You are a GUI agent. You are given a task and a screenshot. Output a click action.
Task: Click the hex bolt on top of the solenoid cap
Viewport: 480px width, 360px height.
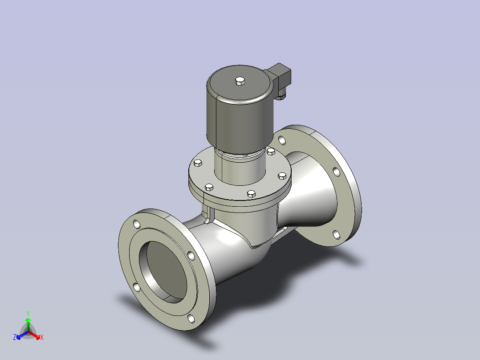(x=240, y=81)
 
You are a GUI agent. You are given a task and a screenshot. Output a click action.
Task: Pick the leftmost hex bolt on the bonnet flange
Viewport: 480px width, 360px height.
(x=198, y=163)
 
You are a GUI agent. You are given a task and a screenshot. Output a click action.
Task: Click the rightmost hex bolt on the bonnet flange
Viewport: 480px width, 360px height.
(x=282, y=176)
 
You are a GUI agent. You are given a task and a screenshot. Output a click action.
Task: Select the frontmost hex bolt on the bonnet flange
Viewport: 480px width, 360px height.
(x=251, y=194)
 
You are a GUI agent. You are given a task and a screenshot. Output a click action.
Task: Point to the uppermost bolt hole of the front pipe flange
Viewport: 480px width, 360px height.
(x=137, y=224)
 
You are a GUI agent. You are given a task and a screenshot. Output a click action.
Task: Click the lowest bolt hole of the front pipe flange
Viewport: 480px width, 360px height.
(x=191, y=319)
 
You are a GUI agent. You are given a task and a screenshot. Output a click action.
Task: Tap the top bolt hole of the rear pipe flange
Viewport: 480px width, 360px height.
(x=282, y=140)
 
